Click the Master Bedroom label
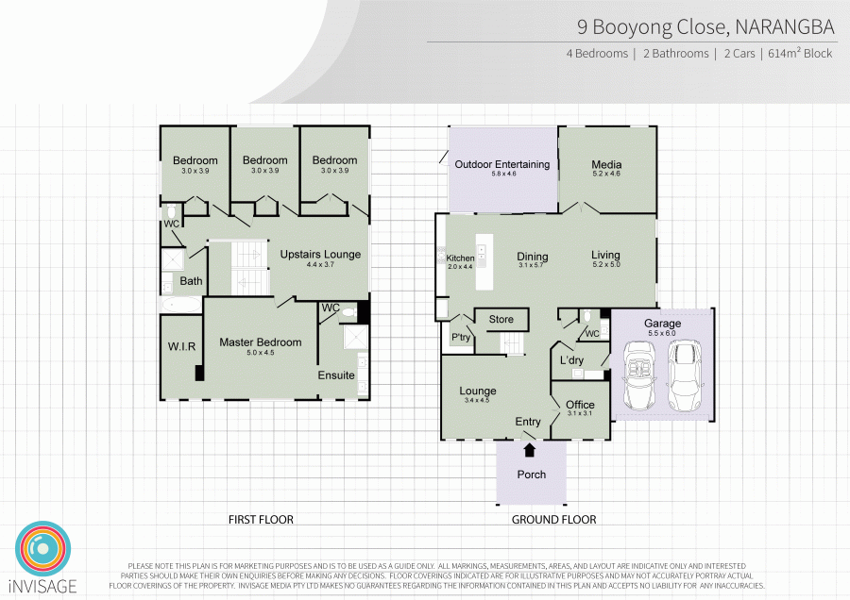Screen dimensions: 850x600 click(261, 342)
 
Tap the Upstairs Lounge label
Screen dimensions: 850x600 click(320, 255)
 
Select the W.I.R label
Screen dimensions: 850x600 click(181, 346)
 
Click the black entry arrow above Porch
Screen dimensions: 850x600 click(530, 450)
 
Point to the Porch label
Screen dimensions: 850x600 click(531, 475)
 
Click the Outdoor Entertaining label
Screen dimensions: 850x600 click(502, 164)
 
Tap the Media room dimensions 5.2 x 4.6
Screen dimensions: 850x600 click(606, 174)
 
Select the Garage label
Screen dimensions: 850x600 click(662, 324)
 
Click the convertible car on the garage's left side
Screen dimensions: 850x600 click(639, 375)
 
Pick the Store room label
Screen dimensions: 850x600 click(501, 320)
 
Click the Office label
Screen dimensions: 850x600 click(580, 405)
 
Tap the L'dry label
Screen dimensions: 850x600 click(571, 360)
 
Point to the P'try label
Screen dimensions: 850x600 click(461, 338)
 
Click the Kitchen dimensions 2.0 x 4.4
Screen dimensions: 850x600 click(460, 267)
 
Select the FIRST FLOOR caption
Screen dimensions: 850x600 click(261, 520)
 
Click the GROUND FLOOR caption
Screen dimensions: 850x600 click(554, 520)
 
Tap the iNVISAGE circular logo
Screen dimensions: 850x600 click(42, 548)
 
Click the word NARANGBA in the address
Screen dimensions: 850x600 click(785, 27)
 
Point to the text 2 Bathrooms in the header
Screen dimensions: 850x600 click(676, 54)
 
